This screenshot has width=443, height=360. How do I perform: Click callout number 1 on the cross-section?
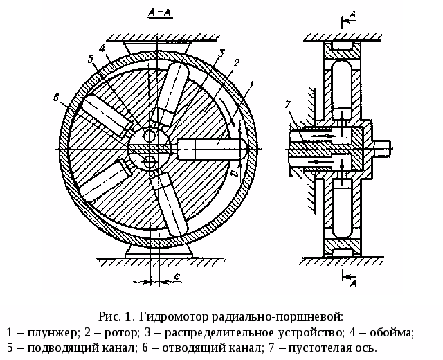[x=251, y=84]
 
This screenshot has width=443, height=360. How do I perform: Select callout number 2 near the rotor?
[x=236, y=63]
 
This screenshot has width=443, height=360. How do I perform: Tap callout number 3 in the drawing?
[x=221, y=52]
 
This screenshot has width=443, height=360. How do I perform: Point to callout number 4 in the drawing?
[x=102, y=49]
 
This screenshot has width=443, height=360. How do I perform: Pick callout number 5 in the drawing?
[x=91, y=60]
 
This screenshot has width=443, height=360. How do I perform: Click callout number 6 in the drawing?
[x=56, y=98]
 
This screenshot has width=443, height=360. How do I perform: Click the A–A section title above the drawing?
[x=161, y=13]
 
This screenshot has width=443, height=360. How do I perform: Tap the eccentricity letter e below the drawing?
[x=177, y=277]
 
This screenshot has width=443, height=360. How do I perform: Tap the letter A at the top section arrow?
[x=352, y=13]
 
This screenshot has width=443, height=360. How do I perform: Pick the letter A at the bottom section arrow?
[x=352, y=282]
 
